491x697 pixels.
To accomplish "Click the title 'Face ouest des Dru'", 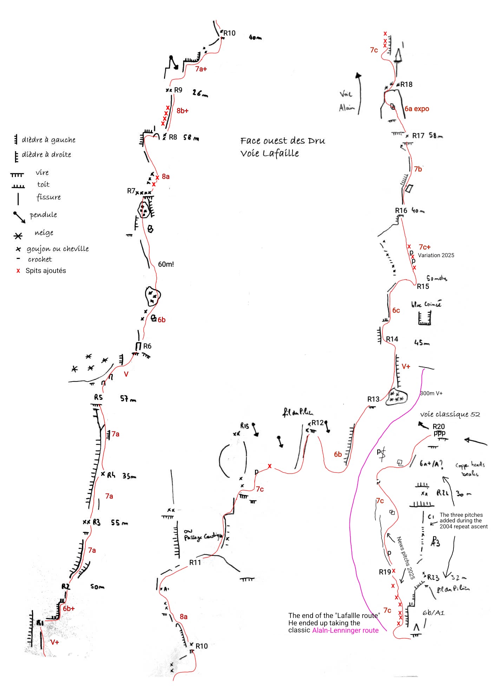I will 283,141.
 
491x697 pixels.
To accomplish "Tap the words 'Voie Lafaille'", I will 269,154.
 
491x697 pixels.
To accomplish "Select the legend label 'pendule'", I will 43,215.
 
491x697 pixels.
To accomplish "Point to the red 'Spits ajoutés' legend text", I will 46,271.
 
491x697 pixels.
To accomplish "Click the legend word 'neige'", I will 44,233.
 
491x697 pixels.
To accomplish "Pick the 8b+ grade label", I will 182,111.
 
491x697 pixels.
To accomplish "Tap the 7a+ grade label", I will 201,69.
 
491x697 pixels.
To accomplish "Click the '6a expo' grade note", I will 417,109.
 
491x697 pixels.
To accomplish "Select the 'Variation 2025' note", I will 436,255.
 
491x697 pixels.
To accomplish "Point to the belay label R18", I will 406,84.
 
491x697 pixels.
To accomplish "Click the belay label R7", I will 131,191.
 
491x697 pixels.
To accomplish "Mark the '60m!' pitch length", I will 166,264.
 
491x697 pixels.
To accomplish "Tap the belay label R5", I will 98,397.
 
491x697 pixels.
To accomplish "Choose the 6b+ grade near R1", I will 69,608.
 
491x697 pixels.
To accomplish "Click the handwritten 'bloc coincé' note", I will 426,304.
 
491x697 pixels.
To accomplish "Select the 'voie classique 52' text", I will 450,415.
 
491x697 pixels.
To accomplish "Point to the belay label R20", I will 439,426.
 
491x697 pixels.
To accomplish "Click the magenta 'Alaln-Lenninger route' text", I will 345,630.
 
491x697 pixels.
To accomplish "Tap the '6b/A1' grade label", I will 433,613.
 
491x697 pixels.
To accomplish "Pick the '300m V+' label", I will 431,393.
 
